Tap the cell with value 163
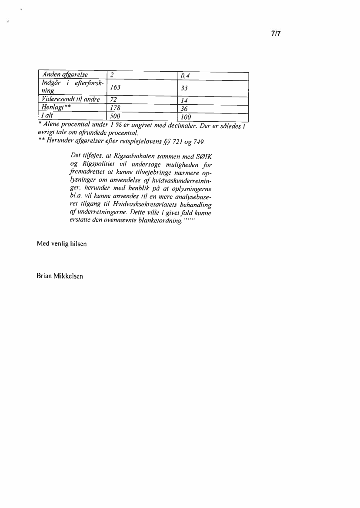pyautogui.click(x=115, y=87)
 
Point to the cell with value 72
pyautogui.click(x=114, y=99)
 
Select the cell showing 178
pyautogui.click(x=115, y=108)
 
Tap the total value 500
pyautogui.click(x=115, y=116)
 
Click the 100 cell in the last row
pyautogui.click(x=186, y=117)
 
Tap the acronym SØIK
pyautogui.click(x=207, y=156)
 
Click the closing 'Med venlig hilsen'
pyautogui.click(x=62, y=244)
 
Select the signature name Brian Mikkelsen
pyautogui.click(x=60, y=276)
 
